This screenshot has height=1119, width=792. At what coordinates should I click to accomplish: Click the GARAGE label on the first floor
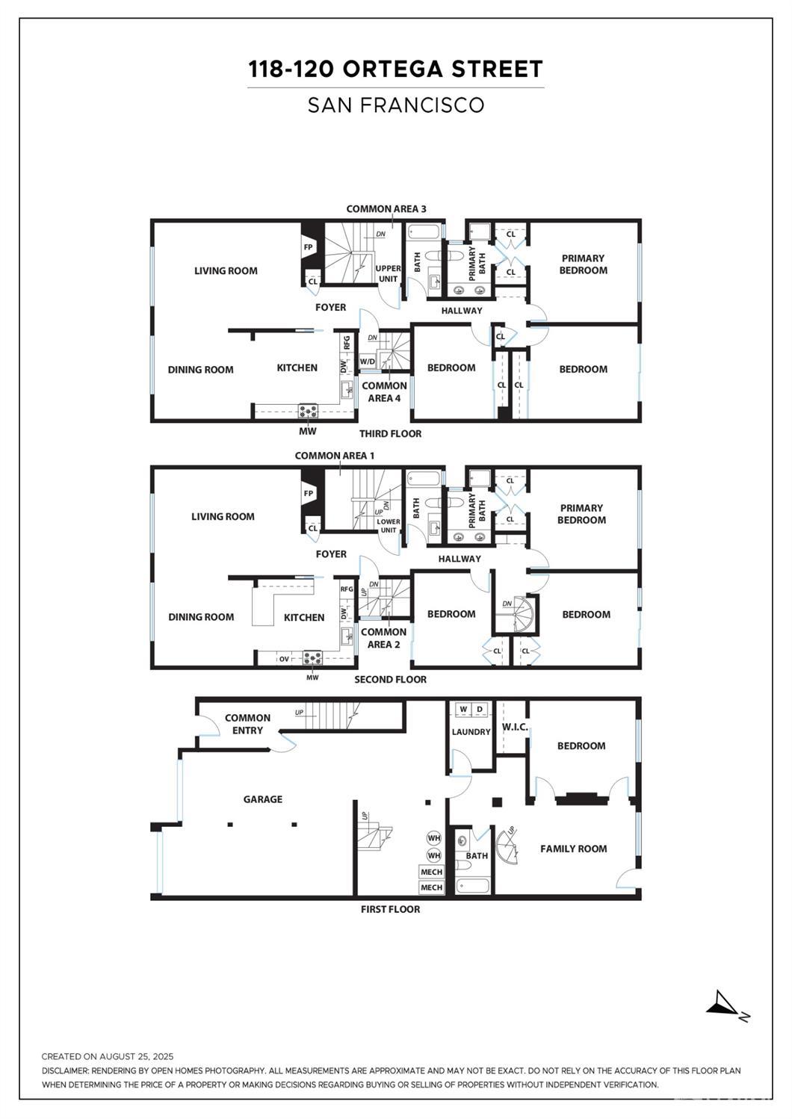coord(263,799)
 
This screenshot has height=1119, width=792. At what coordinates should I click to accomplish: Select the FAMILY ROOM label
coord(574,849)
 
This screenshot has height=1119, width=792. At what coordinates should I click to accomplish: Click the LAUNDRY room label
coord(471,732)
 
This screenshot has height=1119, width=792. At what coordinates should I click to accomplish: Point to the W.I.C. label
coord(515,727)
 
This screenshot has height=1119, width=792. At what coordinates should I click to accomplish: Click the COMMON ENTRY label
coord(247,725)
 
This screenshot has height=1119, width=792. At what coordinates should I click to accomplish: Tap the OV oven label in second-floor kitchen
coord(284,659)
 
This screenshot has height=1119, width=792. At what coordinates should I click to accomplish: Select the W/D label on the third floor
coord(368,362)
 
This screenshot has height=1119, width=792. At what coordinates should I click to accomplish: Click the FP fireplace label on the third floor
coord(309,247)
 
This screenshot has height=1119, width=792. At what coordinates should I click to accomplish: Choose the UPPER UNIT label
coord(389,273)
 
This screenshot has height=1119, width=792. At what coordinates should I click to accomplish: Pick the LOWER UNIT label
coord(389,526)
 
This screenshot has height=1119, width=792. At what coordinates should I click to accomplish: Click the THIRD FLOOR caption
coord(390,433)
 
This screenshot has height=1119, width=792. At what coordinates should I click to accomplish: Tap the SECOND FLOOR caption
coord(390,680)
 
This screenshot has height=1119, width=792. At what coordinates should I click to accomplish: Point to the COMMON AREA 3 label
coord(386,209)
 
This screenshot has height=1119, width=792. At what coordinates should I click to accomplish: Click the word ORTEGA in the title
coord(393,69)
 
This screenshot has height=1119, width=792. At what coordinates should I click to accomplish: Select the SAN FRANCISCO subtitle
coord(396,105)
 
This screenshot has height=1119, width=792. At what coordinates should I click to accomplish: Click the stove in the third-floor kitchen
coord(309,412)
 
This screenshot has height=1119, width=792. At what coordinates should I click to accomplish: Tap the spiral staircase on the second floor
coord(525,616)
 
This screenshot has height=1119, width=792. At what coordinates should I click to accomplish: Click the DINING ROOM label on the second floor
coord(201,617)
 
